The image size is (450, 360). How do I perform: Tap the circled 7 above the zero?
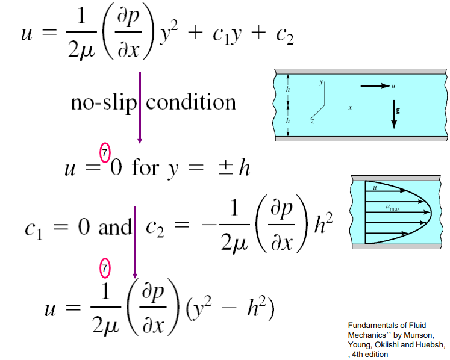[x=105, y=154]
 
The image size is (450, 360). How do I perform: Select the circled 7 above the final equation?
[x=105, y=266]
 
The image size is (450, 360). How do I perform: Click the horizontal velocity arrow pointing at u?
[x=375, y=86]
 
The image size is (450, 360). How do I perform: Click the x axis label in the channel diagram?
[x=349, y=107]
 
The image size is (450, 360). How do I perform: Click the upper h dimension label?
[x=288, y=89]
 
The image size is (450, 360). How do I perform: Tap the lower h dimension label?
[x=288, y=120]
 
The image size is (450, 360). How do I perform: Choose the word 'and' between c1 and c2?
[x=114, y=227]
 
